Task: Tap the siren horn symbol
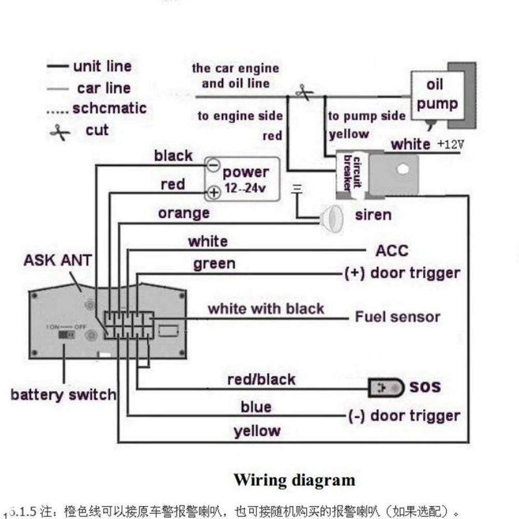[x=333, y=217]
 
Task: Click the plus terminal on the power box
[x=213, y=192]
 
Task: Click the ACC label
[x=392, y=250]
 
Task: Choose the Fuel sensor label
[x=397, y=317]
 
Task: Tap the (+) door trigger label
[x=402, y=273]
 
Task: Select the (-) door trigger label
[x=404, y=416]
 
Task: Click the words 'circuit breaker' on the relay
[x=351, y=171]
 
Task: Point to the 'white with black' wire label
[x=265, y=308]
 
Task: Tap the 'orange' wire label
[x=184, y=213]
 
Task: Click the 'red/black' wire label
[x=261, y=379]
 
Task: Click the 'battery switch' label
[x=63, y=394]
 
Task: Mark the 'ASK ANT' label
[x=58, y=261]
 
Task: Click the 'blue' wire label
[x=256, y=407]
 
